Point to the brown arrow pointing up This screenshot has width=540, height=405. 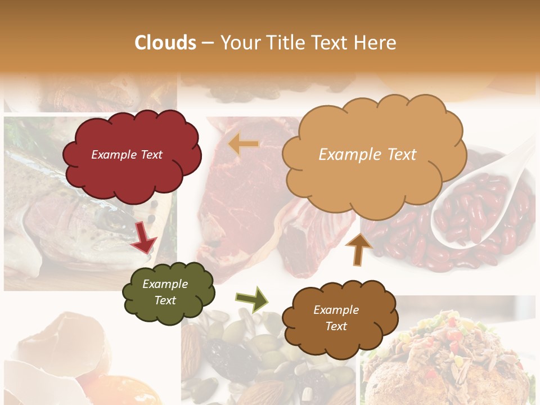[x=358, y=249]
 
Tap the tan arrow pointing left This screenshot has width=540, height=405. [x=243, y=145]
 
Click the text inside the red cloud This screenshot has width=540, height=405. [x=127, y=155]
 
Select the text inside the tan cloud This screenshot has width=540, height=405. [x=367, y=155]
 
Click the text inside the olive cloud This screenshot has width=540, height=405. [x=165, y=292]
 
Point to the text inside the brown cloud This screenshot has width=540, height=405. [x=336, y=318]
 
